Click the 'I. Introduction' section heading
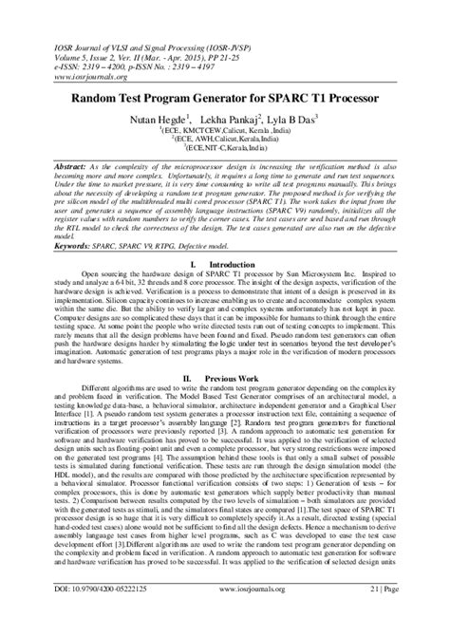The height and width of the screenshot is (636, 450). tap(224, 263)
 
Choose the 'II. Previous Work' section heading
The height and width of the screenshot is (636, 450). tap(224, 377)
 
